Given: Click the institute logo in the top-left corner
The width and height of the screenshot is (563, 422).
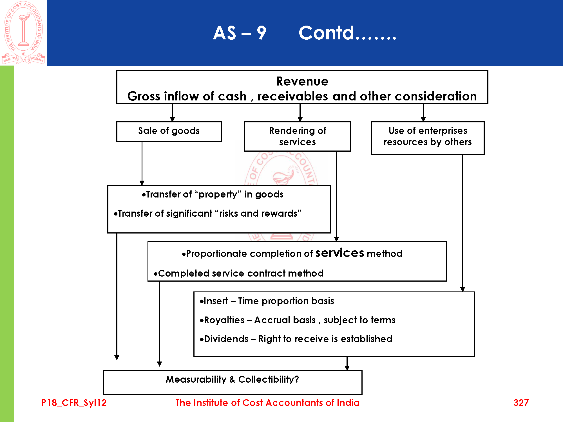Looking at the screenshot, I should pyautogui.click(x=23, y=32).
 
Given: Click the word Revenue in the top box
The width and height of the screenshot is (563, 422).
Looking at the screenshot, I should pyautogui.click(x=302, y=81).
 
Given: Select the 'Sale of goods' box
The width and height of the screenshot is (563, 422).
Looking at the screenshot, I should pyautogui.click(x=169, y=131).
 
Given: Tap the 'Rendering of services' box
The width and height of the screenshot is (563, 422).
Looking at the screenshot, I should pyautogui.click(x=297, y=136).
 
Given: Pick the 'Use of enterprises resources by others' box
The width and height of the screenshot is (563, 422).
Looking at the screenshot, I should pyautogui.click(x=428, y=138).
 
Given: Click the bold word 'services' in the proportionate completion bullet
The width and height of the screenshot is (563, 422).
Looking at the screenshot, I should pyautogui.click(x=340, y=253).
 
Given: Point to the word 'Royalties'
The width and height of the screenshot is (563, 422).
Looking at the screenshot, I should pyautogui.click(x=224, y=320).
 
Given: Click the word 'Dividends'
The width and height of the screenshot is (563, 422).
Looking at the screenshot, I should pyautogui.click(x=226, y=339).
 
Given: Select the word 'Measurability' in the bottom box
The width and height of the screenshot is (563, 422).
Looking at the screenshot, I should pyautogui.click(x=196, y=380).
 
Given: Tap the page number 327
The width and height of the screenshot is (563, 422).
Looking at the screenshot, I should pyautogui.click(x=521, y=403).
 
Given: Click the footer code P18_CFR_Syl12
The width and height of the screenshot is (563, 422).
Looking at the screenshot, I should pyautogui.click(x=74, y=403).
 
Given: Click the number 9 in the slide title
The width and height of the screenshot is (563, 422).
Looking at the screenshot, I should pyautogui.click(x=262, y=33).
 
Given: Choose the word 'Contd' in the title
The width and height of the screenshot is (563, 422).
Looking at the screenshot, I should pyautogui.click(x=326, y=33).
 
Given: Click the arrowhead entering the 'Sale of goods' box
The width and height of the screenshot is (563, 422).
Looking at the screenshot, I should pyautogui.click(x=173, y=119).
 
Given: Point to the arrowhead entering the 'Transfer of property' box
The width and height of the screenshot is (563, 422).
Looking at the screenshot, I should pyautogui.click(x=142, y=183).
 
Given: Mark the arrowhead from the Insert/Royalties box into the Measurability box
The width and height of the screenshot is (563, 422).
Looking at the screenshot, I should pyautogui.click(x=347, y=368).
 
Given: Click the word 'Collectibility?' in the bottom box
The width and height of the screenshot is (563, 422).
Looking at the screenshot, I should pyautogui.click(x=269, y=380).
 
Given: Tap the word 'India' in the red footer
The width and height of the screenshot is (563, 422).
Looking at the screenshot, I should pyautogui.click(x=348, y=403).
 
